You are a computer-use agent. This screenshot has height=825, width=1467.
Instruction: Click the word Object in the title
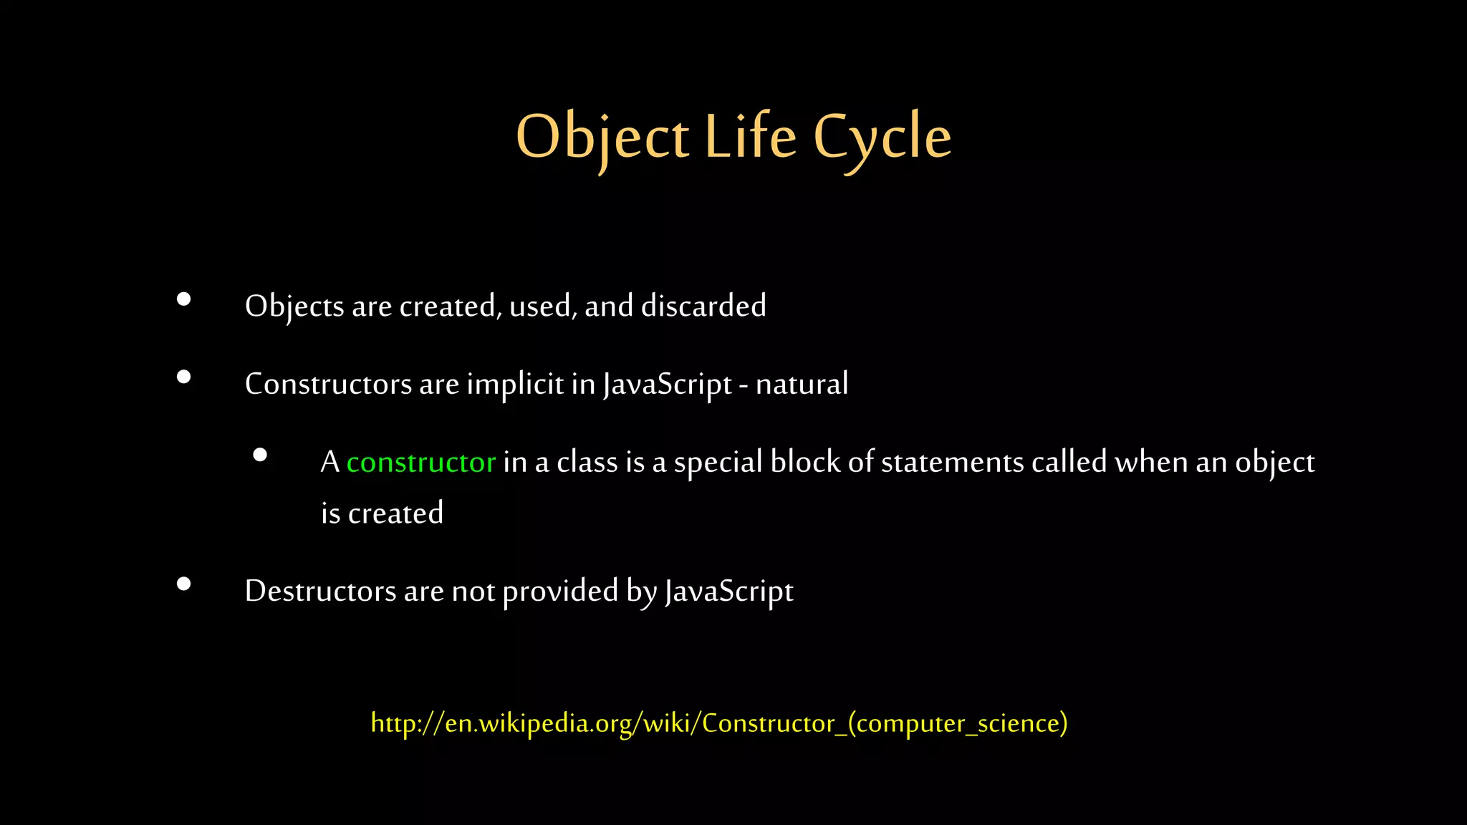click(602, 137)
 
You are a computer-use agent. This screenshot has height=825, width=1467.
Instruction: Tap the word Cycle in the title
click(882, 137)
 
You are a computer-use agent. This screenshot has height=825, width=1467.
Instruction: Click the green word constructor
click(421, 463)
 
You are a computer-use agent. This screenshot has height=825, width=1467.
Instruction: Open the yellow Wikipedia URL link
click(719, 723)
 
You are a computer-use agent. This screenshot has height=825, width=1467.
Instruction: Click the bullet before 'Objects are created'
click(184, 299)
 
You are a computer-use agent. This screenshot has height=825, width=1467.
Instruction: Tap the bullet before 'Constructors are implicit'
click(184, 377)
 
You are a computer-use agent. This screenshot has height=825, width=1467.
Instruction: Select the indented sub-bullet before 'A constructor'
click(260, 455)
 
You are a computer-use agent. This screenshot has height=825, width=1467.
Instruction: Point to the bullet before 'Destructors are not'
click(184, 584)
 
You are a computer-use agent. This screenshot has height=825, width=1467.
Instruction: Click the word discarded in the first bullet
click(703, 306)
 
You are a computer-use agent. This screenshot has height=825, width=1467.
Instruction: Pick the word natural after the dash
click(802, 384)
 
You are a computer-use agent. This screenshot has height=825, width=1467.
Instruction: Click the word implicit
click(515, 385)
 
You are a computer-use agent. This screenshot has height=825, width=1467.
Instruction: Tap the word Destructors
click(320, 592)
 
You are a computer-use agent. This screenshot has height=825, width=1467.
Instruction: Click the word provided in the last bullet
click(560, 592)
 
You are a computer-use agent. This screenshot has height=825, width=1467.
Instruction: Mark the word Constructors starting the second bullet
click(328, 385)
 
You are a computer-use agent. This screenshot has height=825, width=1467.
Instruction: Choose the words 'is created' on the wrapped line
click(382, 513)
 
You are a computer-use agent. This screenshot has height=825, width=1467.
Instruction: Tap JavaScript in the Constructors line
click(667, 385)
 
